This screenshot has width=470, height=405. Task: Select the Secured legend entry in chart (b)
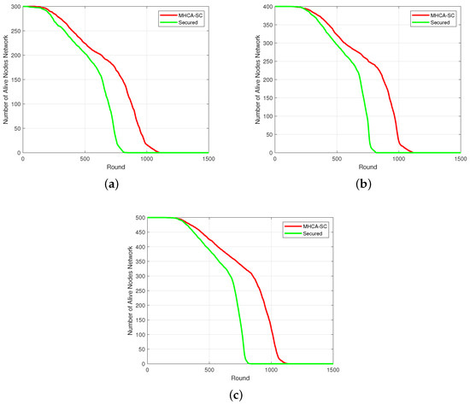tap(433, 22)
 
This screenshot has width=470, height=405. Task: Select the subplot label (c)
tap(240, 395)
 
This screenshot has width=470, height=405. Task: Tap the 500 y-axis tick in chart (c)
tap(138, 218)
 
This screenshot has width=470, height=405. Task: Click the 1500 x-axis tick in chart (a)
tap(208, 159)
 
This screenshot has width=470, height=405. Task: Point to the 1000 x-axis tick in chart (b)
tap(398, 159)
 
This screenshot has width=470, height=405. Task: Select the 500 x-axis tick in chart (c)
tap(209, 370)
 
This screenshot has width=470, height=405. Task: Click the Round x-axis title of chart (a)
tap(115, 167)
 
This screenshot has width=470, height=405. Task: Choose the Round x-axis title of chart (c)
tap(240, 379)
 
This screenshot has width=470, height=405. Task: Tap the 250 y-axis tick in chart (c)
tap(138, 291)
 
